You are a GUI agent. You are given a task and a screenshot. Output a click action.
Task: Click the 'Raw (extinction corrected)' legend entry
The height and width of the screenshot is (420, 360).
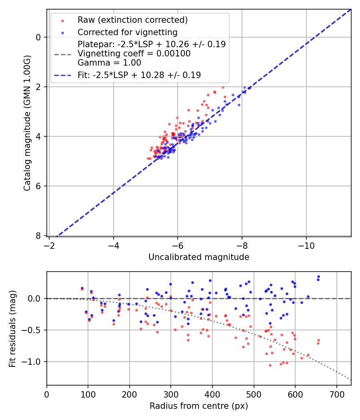[132, 20]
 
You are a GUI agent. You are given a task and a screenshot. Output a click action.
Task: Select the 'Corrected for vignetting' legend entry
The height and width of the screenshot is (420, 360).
[127, 32]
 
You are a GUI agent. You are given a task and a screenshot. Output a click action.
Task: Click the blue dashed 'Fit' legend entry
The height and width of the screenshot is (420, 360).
[139, 75]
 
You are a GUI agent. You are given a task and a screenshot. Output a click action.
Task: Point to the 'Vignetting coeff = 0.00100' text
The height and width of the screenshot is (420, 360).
[134, 54]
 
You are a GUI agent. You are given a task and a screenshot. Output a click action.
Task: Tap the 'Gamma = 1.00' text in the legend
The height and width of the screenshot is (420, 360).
[109, 63]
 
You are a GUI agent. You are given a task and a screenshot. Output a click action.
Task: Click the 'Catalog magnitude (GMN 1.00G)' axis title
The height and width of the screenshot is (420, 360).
[27, 123]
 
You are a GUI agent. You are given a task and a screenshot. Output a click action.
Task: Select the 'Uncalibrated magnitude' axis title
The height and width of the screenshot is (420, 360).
[199, 257]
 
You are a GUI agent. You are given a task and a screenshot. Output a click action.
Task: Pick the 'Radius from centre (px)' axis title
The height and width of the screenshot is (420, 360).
[199, 406]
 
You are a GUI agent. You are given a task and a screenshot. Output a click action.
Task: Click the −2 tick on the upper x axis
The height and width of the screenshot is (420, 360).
[49, 244]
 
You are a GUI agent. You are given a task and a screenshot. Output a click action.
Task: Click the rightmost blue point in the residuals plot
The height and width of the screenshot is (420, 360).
[318, 276]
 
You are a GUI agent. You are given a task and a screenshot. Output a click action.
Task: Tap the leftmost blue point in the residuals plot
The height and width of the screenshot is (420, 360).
[82, 288]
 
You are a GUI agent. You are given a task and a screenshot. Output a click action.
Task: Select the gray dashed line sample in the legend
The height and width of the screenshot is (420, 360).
[62, 54]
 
